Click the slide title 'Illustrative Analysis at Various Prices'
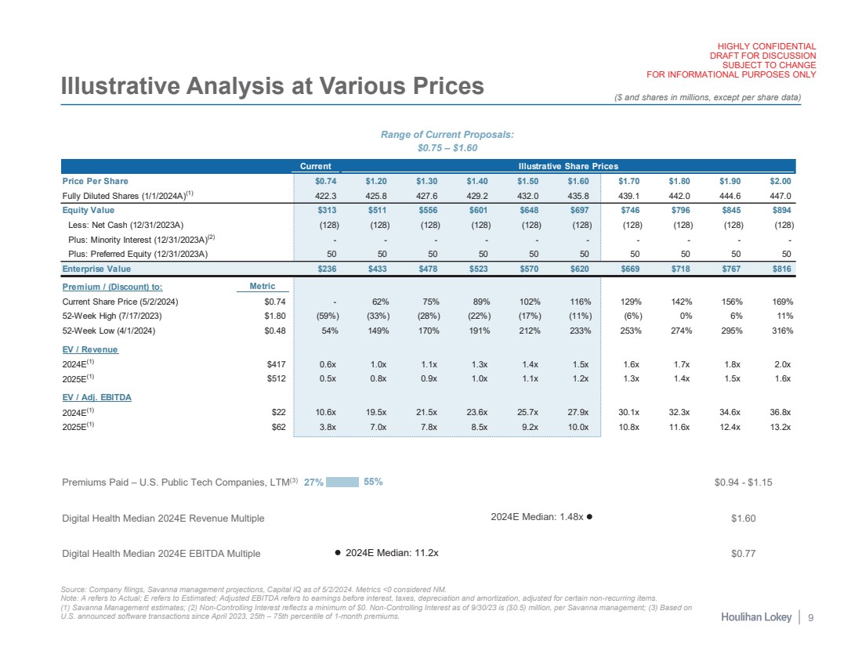pyautogui.click(x=272, y=86)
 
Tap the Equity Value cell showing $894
pyautogui.click(x=781, y=210)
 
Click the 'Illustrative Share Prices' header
pyautogui.click(x=567, y=166)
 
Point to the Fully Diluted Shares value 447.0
pyautogui.click(x=781, y=196)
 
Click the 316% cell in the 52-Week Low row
pyautogui.click(x=781, y=331)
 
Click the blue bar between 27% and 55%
pyautogui.click(x=342, y=482)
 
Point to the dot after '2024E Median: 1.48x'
pyautogui.click(x=589, y=518)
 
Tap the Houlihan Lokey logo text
pyautogui.click(x=755, y=618)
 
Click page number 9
pyautogui.click(x=810, y=618)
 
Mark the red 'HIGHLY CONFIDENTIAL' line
pyautogui.click(x=762, y=46)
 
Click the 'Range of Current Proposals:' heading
pyautogui.click(x=447, y=135)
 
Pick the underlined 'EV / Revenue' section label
pyautogui.click(x=89, y=349)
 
